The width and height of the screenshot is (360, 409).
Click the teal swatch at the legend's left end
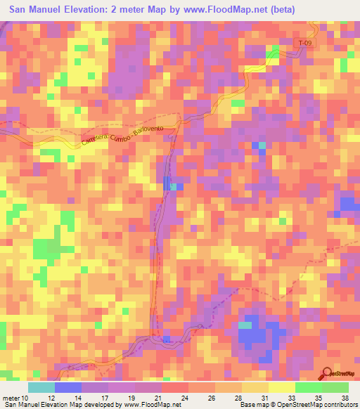click(41, 387)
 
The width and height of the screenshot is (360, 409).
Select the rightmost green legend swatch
click(335, 387)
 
